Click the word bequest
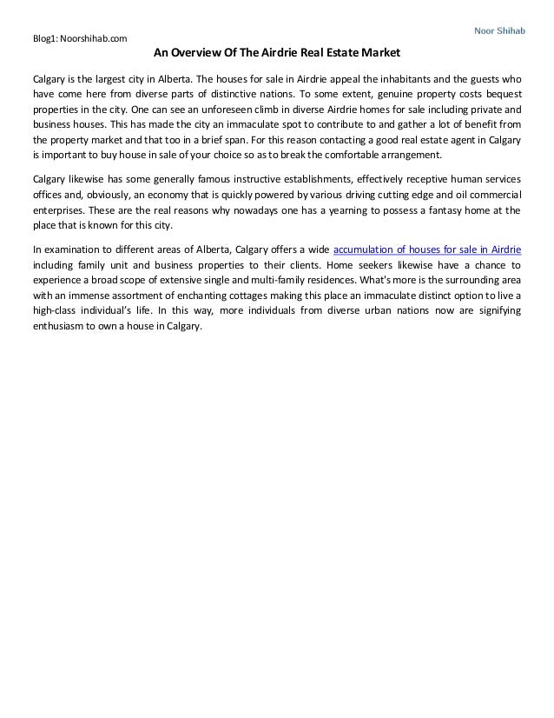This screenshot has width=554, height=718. [502, 94]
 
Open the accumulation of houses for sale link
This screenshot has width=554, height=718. [421, 247]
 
